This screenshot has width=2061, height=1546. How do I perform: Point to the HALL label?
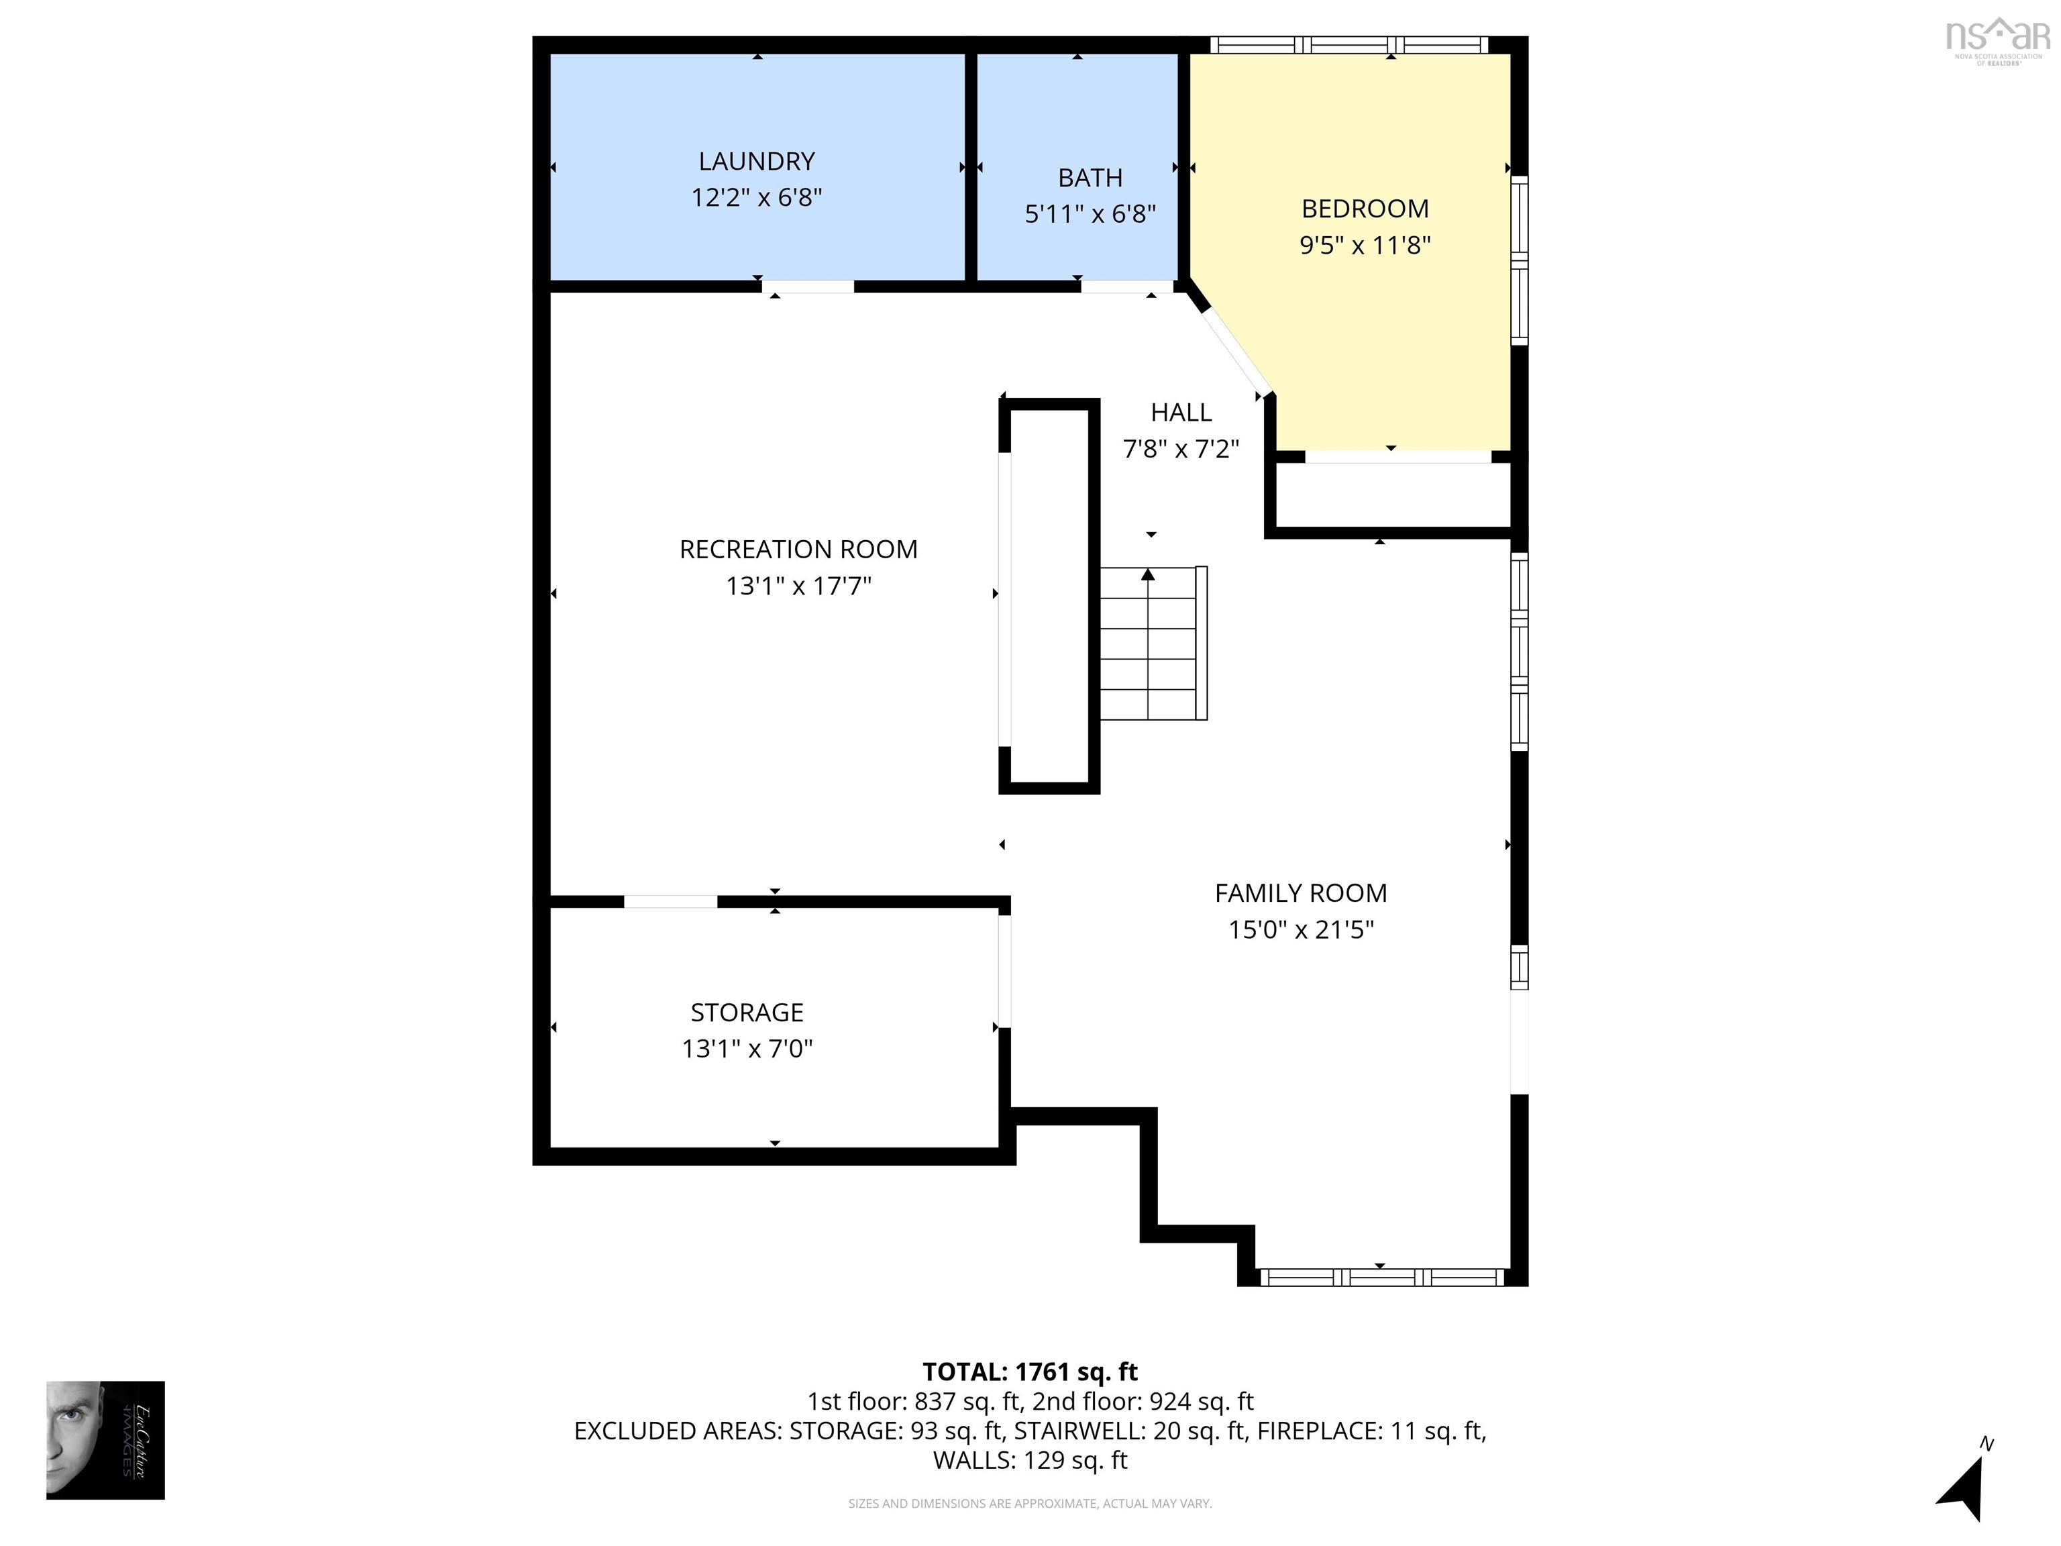[1181, 412]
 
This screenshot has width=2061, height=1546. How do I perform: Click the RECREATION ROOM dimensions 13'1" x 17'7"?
[798, 586]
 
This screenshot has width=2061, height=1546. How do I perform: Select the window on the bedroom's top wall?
[1349, 44]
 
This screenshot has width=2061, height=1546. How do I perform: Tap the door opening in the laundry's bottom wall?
[808, 286]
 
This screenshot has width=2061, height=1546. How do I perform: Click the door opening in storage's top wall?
[670, 901]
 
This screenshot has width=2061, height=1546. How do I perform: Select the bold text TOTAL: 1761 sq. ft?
[1030, 1372]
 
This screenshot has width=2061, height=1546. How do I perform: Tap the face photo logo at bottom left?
[105, 1440]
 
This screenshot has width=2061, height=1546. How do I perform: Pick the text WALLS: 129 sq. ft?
[1030, 1460]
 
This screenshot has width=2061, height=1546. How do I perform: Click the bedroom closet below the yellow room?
[1392, 496]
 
